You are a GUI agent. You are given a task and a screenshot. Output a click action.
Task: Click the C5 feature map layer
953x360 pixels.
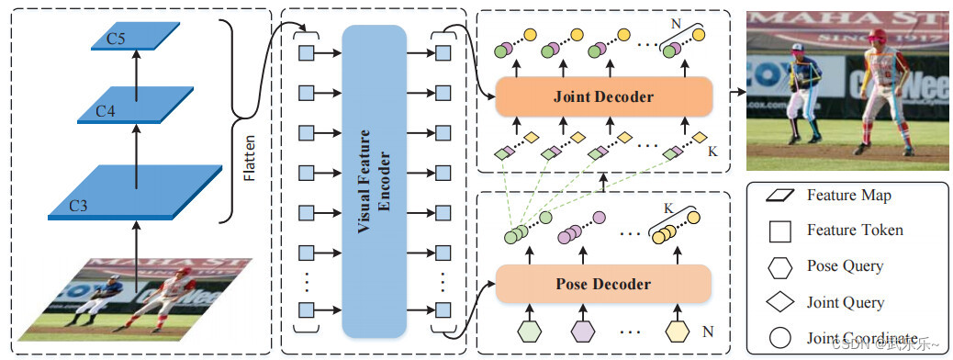point(135,37)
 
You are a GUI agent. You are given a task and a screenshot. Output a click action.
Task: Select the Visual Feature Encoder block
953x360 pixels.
point(374,180)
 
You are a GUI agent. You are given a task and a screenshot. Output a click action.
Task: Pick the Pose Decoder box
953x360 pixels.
point(603,283)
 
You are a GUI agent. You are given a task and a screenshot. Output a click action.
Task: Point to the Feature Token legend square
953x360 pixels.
point(780,231)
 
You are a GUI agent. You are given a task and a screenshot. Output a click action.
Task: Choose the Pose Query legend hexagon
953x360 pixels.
point(780,266)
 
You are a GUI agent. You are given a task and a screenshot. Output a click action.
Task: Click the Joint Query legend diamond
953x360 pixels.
point(780,301)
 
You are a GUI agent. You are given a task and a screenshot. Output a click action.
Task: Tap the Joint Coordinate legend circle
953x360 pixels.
point(780,337)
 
